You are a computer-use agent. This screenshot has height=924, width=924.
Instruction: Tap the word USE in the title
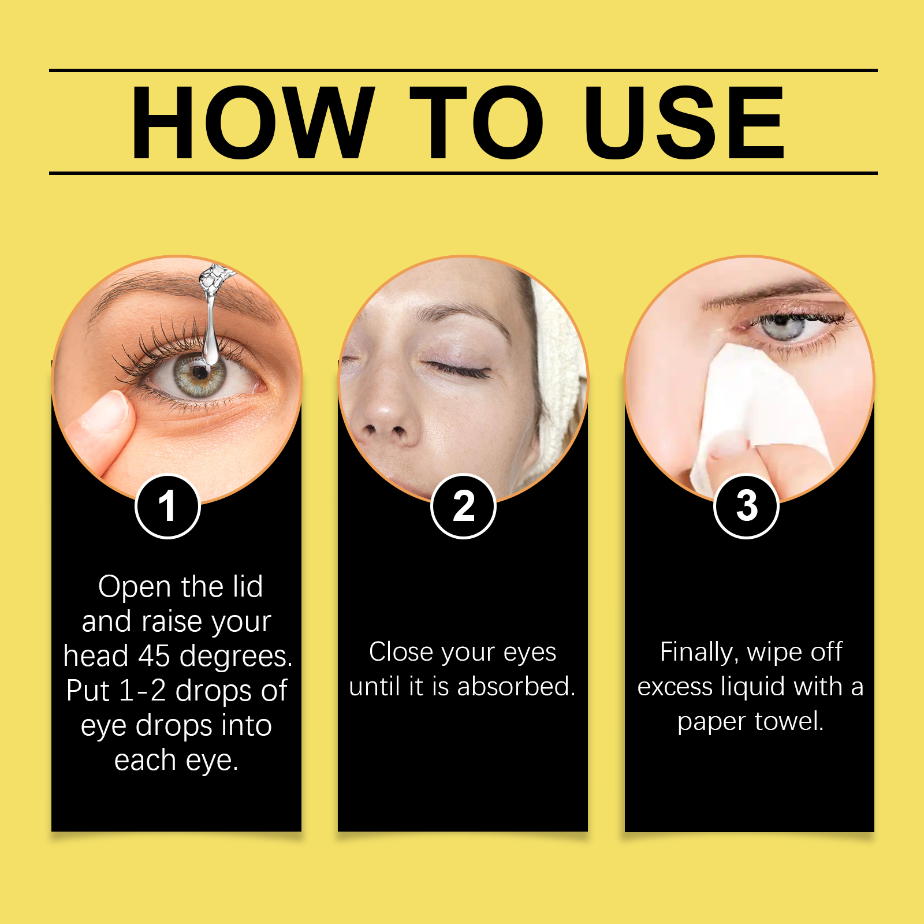tap(684, 122)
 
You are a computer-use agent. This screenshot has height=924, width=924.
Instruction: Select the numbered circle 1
tap(167, 506)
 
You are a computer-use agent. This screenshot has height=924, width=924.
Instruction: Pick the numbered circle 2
tap(463, 506)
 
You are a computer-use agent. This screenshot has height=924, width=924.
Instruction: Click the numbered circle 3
tap(747, 506)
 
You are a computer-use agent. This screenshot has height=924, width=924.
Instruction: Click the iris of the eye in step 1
tap(200, 374)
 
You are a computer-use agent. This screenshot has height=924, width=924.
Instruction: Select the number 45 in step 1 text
tap(154, 656)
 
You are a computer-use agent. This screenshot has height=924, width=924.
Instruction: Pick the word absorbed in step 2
tap(516, 686)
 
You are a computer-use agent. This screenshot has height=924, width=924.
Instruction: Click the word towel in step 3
tap(789, 721)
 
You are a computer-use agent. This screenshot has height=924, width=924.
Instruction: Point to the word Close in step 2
tap(401, 651)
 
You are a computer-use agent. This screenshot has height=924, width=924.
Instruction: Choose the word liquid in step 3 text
tap(753, 687)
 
